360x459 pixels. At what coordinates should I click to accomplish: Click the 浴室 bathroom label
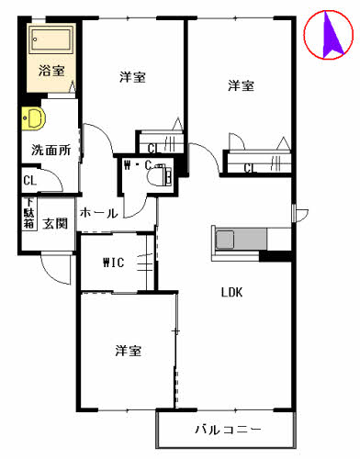tap(51, 70)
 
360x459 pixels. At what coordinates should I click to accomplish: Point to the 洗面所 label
tap(51, 149)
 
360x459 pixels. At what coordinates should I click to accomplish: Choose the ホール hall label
tap(98, 213)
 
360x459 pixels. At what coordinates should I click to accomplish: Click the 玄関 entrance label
tap(54, 223)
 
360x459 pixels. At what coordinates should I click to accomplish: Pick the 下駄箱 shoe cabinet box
tap(28, 215)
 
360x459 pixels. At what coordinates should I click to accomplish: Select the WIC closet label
tap(114, 263)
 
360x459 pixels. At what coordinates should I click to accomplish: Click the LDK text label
tap(231, 294)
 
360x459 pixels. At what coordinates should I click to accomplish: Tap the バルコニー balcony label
tap(228, 430)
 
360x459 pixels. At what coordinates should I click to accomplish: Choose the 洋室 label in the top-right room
tap(242, 85)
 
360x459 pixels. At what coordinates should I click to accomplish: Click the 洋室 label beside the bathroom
tap(132, 77)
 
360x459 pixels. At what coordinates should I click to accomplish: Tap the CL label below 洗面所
tap(29, 181)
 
